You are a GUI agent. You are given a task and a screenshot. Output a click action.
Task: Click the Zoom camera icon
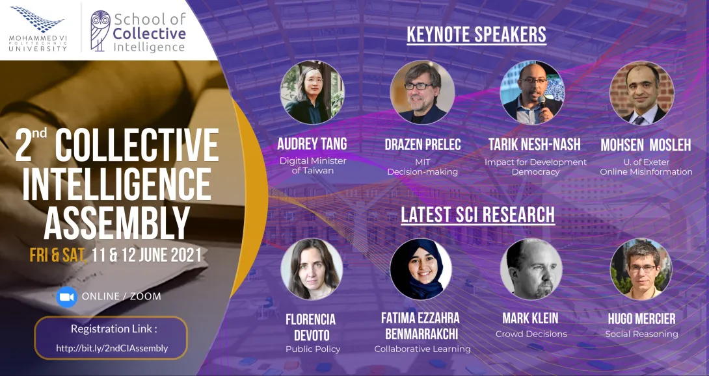[x=67, y=297]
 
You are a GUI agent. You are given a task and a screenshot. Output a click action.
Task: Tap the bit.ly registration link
[x=112, y=348]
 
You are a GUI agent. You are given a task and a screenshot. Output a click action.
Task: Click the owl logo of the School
[x=100, y=31]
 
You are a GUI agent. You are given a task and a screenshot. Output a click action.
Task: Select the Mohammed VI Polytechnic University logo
[x=38, y=29]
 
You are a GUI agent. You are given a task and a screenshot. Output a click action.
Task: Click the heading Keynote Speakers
[x=477, y=35]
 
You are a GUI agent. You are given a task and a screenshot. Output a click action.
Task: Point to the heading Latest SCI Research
[x=477, y=214]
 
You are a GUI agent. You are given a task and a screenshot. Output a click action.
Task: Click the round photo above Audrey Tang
[x=312, y=92]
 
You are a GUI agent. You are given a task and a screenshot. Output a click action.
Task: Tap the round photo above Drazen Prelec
[x=422, y=92]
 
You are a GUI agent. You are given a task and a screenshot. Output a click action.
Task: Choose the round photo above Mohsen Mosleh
[x=642, y=92]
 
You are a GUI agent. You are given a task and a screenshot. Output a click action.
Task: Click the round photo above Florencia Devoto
[x=312, y=269]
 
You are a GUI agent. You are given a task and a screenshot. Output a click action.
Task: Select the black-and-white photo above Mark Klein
[x=531, y=269]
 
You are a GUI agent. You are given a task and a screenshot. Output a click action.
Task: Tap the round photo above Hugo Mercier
[x=641, y=269]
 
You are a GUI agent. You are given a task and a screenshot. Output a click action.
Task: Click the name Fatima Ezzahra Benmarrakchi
[x=420, y=326]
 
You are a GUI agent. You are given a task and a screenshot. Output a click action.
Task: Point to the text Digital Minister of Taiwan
[x=313, y=166]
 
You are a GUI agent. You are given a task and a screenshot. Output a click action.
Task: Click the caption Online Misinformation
[x=646, y=171]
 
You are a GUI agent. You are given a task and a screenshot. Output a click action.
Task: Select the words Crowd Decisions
[x=531, y=334]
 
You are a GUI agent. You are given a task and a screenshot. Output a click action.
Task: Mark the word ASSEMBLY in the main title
[x=116, y=223]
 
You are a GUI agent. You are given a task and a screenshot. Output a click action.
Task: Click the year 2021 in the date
[x=186, y=255]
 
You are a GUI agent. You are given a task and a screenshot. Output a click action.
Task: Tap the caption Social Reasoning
[x=641, y=334]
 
